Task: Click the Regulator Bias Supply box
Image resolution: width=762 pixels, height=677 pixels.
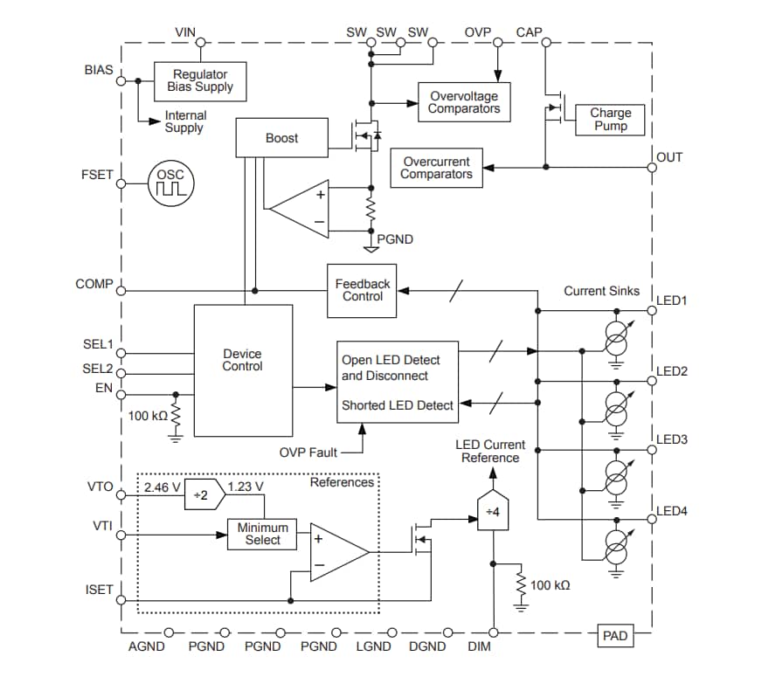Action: point(202,80)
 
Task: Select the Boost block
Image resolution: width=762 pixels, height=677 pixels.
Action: point(281,138)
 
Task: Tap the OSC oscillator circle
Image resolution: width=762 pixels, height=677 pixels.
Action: point(170,183)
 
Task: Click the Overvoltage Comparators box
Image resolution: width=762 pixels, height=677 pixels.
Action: point(464,102)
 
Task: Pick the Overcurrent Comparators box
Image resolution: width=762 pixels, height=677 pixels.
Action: point(436,168)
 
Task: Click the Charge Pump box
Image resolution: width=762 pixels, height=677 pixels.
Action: point(610,119)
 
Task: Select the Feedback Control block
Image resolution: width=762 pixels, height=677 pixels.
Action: point(362,290)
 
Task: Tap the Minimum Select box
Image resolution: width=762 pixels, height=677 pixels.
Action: point(262,534)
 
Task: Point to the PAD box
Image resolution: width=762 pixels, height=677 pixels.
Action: point(615,636)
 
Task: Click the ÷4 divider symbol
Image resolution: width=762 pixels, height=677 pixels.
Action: point(492,510)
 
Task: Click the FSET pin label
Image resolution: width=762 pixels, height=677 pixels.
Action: point(97,174)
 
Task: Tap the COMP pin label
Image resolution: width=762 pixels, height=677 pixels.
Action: point(94,284)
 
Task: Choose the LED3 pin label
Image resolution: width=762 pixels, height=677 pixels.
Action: point(671,439)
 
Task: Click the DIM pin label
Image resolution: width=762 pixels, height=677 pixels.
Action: point(479,647)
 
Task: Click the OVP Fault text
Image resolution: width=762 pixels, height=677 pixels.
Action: point(308,452)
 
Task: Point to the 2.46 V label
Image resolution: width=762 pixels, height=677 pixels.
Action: point(163,486)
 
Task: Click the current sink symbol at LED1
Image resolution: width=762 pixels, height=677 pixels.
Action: point(616,337)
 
